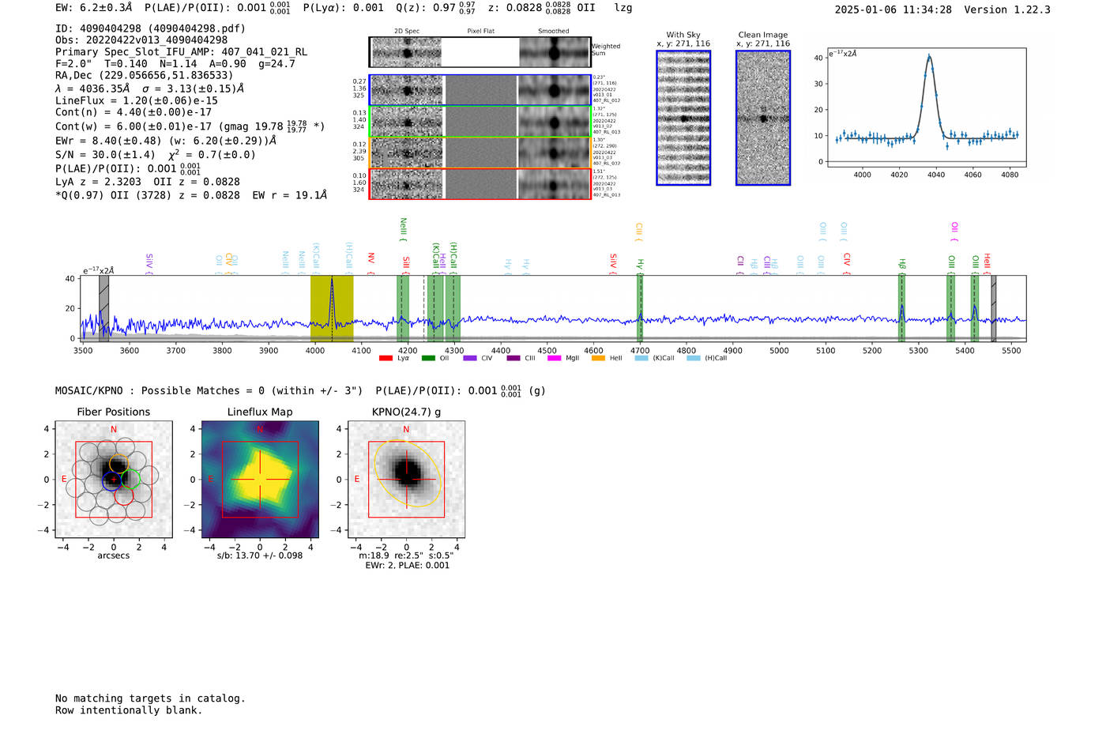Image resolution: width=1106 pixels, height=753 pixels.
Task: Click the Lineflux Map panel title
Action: coord(259,412)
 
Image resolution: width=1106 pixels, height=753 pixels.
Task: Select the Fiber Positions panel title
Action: coord(113,412)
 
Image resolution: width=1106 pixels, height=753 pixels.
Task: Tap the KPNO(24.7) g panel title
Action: coord(406,412)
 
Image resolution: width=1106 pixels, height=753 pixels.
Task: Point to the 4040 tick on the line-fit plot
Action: coord(936,175)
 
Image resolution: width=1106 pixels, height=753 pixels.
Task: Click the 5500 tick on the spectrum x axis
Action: coord(1011,351)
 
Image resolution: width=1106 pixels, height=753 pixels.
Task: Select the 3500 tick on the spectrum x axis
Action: coord(82,351)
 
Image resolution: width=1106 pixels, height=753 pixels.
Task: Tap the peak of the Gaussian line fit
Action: coord(929,56)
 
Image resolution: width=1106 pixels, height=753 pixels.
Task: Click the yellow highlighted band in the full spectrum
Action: coord(332,308)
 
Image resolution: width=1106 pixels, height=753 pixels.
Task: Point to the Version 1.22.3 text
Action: coord(1007,9)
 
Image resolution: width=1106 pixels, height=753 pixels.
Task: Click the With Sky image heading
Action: coord(683,35)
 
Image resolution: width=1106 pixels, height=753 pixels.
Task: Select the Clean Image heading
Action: coord(762,35)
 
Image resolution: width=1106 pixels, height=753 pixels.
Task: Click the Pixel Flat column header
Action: coord(480,32)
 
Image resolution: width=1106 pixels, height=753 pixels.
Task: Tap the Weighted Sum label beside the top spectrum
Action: coord(606,50)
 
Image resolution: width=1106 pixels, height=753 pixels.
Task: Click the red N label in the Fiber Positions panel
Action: coord(114,430)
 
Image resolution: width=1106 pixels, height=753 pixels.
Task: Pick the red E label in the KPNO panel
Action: coord(356,480)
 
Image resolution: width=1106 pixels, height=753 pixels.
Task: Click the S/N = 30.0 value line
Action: coord(155,155)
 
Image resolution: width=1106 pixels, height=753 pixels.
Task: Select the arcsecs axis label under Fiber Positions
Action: coord(113,555)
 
